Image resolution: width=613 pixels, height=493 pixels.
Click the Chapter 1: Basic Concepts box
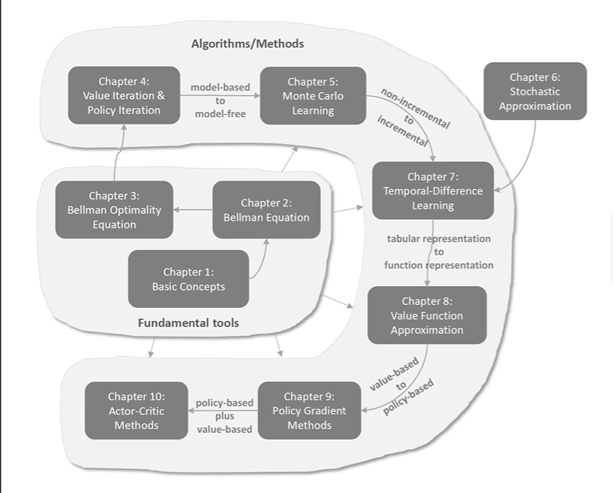click(x=188, y=279)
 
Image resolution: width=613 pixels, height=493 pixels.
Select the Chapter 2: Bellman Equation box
click(x=266, y=210)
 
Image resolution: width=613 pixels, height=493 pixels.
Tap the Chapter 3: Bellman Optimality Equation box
click(x=113, y=210)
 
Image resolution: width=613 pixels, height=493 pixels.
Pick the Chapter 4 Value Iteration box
click(x=124, y=95)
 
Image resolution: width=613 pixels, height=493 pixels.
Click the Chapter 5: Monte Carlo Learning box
click(x=313, y=96)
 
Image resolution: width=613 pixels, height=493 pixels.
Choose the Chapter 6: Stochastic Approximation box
click(x=534, y=92)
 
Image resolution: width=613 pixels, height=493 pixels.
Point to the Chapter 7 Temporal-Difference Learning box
click(x=433, y=191)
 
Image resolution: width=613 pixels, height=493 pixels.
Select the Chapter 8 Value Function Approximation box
click(x=426, y=315)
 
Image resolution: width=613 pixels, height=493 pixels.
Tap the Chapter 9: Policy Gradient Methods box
click(x=309, y=410)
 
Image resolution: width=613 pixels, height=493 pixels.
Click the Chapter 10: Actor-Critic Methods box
click(x=136, y=410)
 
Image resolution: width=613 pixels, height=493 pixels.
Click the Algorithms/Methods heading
click(x=248, y=44)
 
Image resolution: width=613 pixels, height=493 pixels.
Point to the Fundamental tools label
click(x=188, y=323)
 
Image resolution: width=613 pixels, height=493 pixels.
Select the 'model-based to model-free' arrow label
click(x=220, y=101)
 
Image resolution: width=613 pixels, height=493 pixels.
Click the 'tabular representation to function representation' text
click(x=439, y=251)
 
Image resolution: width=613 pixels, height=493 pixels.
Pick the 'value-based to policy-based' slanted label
click(x=402, y=386)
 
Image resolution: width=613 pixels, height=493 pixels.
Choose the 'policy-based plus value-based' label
click(x=224, y=416)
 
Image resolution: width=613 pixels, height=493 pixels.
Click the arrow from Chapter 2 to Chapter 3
click(x=194, y=210)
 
